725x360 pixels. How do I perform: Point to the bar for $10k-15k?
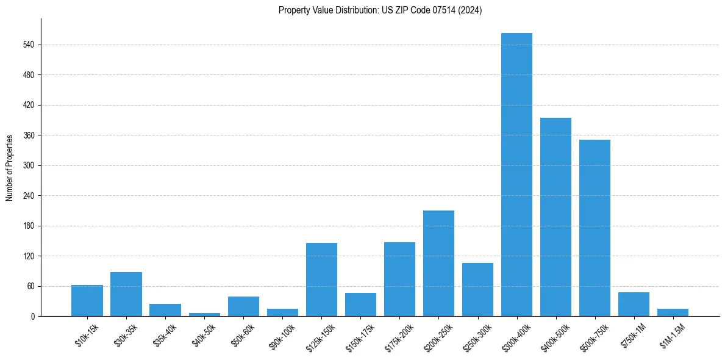pos(87,300)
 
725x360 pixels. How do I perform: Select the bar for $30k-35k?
pos(126,294)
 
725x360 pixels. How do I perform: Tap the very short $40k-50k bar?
pos(204,314)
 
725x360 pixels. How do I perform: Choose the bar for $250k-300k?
pos(477,289)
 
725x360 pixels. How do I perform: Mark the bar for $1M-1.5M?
pos(673,312)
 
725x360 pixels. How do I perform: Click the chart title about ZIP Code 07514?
pos(380,10)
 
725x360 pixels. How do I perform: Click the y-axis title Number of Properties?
pos(10,167)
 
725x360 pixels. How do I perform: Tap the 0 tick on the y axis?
pos(34,316)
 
